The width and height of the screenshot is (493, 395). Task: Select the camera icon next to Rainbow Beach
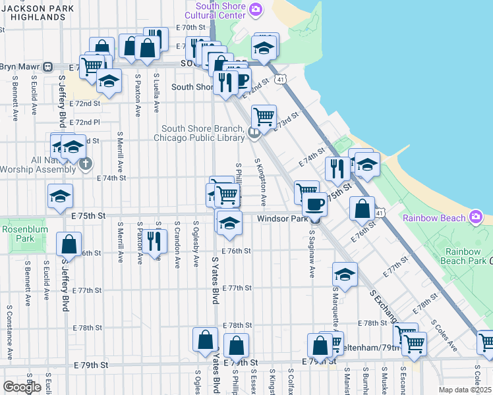click(x=477, y=217)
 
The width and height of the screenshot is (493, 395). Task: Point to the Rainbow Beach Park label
click(x=465, y=256)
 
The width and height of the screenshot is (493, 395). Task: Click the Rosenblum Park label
click(x=21, y=234)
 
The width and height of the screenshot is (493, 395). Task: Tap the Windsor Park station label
click(x=283, y=219)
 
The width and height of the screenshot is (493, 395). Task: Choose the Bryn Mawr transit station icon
click(x=48, y=66)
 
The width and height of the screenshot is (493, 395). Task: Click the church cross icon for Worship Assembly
click(x=86, y=164)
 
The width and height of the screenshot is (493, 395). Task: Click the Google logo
click(x=22, y=387)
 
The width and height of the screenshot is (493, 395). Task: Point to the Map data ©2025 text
click(x=464, y=390)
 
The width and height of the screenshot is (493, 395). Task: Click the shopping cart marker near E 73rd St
click(x=264, y=117)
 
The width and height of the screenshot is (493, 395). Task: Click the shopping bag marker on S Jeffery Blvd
click(x=69, y=245)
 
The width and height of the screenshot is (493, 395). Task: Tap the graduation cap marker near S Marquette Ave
click(x=345, y=274)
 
